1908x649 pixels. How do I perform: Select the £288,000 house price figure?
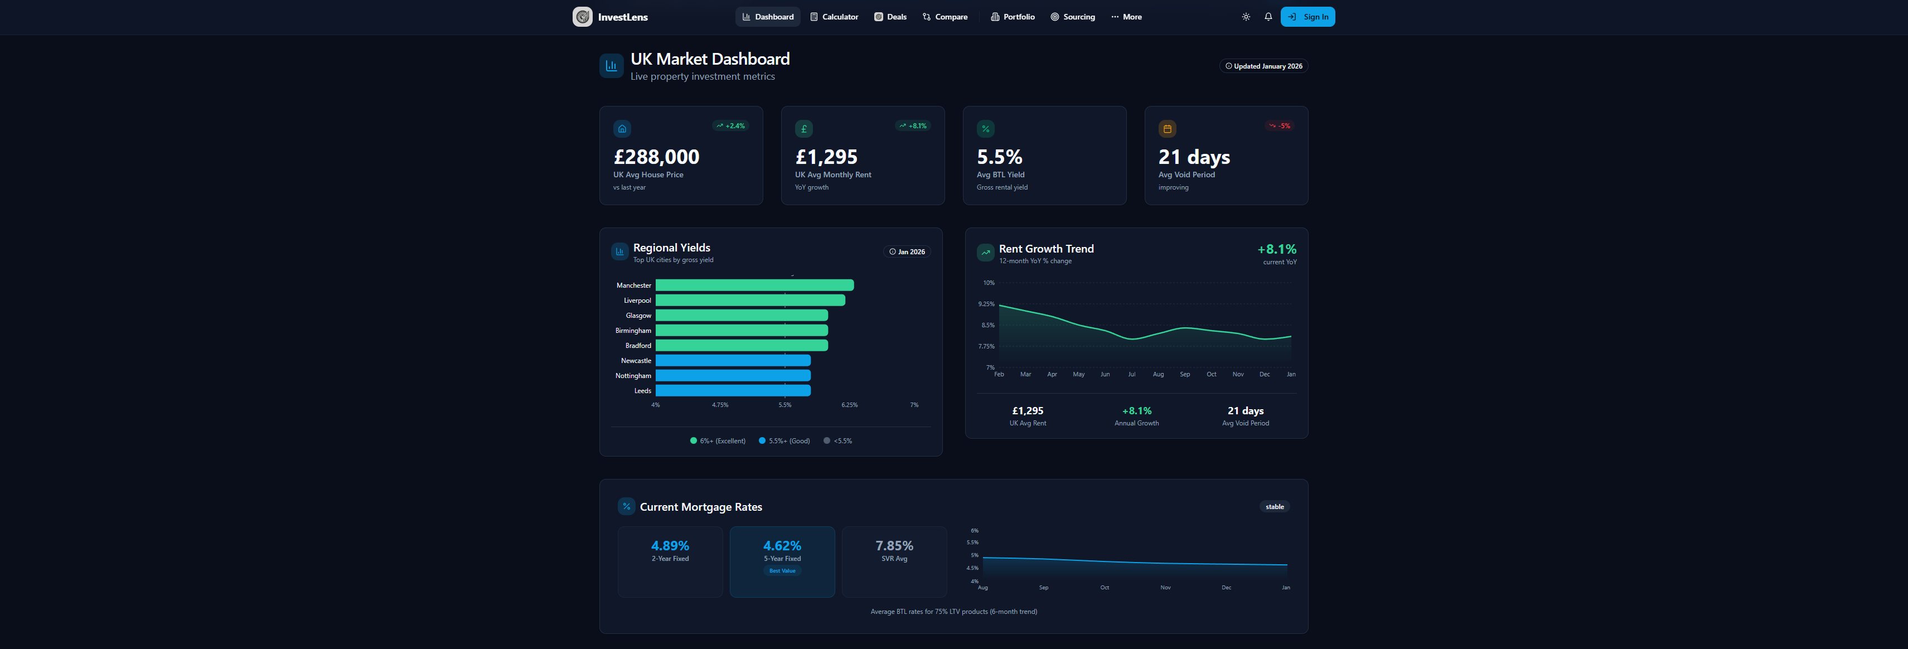(656, 157)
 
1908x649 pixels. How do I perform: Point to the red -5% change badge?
(1279, 126)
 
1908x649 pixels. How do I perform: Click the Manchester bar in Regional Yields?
(754, 285)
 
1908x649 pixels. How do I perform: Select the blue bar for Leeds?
(733, 390)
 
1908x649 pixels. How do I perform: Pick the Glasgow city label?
(638, 316)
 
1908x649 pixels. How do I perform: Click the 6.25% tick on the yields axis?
(850, 405)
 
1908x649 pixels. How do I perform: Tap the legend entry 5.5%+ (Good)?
(784, 441)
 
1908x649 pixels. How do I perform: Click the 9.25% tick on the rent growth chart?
(986, 304)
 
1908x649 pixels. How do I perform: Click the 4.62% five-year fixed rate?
(782, 546)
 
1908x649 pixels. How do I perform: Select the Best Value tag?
(782, 571)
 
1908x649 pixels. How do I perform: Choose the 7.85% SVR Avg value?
(894, 546)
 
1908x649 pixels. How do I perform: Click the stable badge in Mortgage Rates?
(1275, 507)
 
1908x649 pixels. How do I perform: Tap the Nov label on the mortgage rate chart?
(1165, 588)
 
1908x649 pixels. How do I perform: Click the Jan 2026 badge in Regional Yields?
(907, 252)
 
